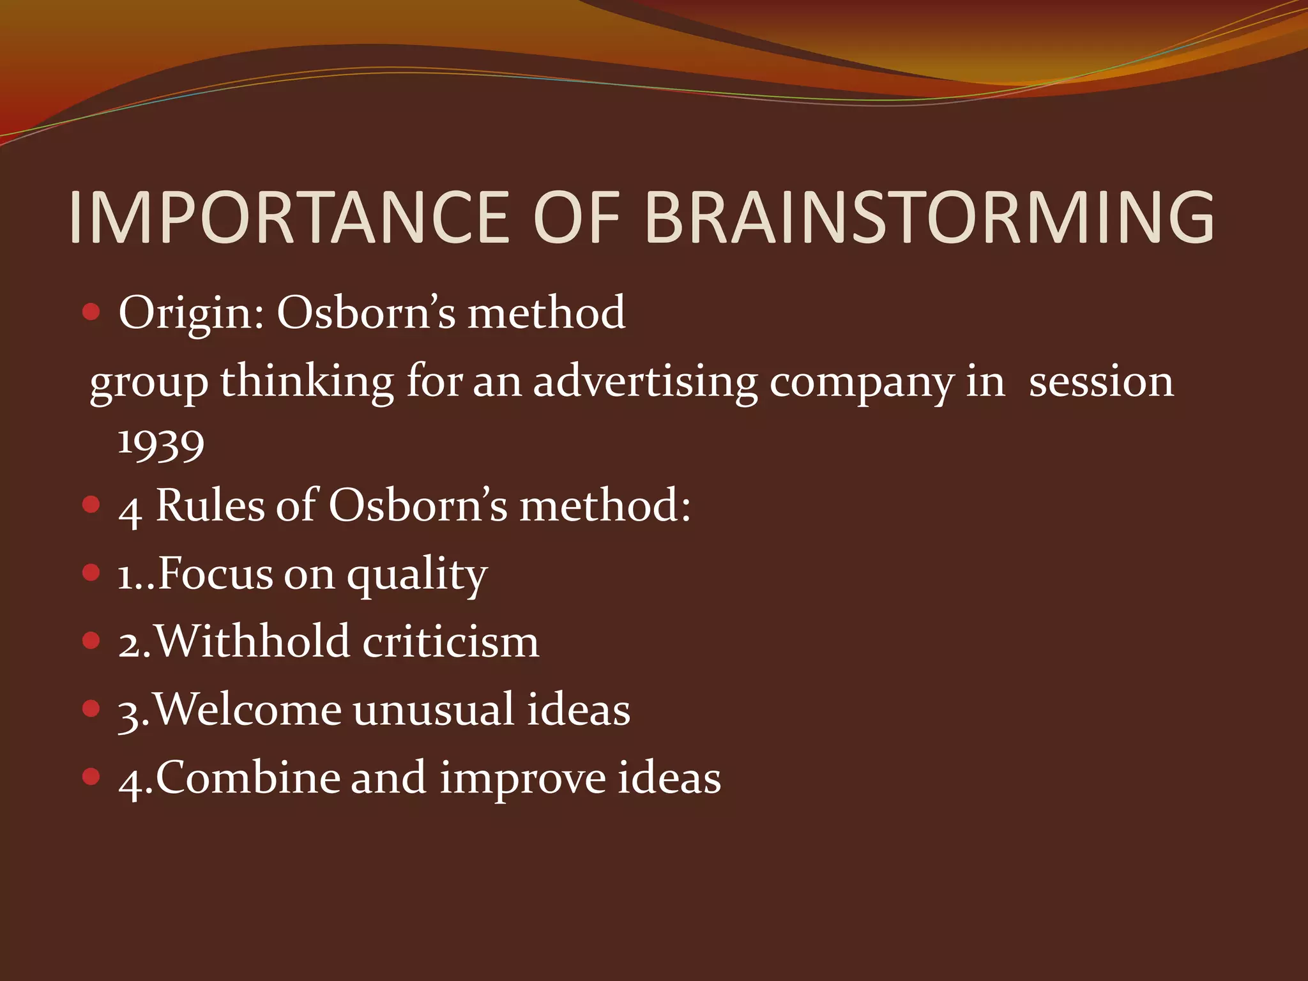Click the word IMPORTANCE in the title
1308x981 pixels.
coord(289,218)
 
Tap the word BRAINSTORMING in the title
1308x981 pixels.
coord(929,218)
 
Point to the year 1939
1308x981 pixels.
coord(161,443)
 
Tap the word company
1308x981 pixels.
coord(861,383)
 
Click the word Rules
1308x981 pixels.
coord(210,506)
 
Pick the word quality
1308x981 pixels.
coord(417,575)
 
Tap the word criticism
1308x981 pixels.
coord(451,641)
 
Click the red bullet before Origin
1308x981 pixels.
coord(92,312)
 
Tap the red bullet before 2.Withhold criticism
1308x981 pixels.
coord(92,640)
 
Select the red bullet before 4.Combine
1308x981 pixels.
coord(92,777)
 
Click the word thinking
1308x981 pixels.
coord(307,383)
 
